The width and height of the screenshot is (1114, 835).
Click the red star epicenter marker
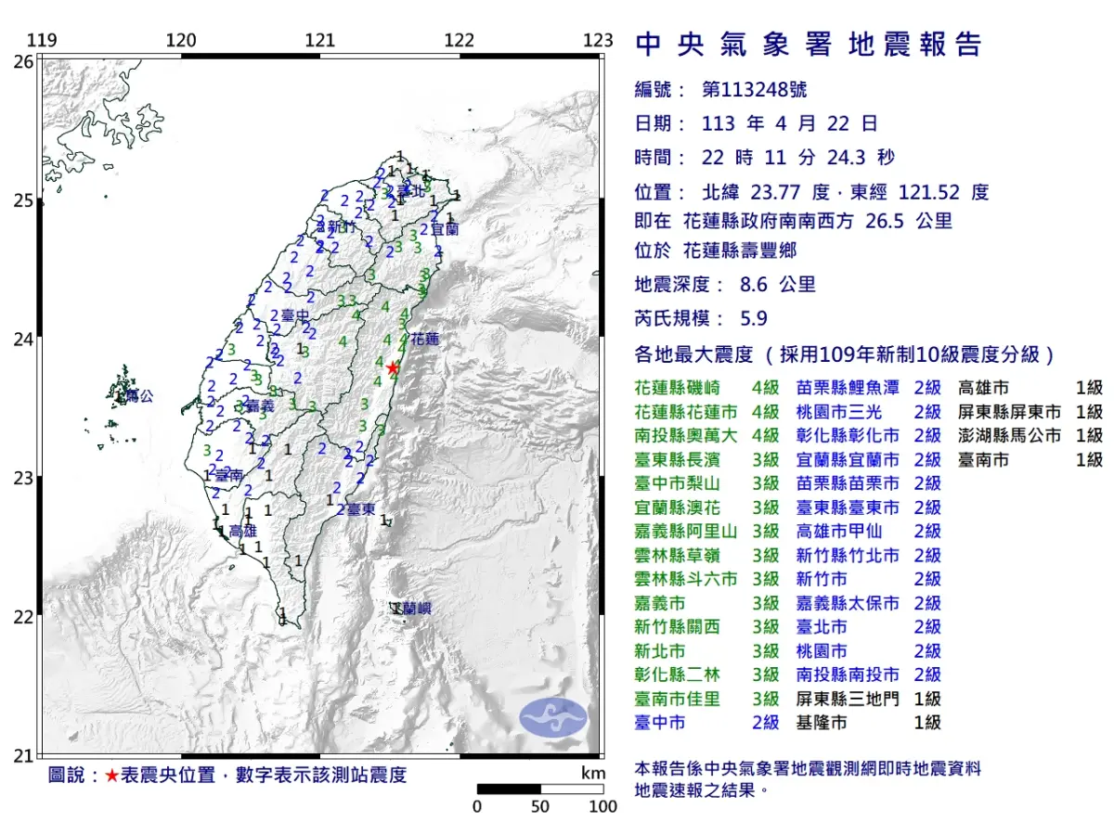pyautogui.click(x=393, y=368)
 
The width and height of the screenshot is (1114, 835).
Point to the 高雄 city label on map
pyautogui.click(x=242, y=532)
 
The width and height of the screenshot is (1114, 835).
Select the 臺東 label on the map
pyautogui.click(x=360, y=510)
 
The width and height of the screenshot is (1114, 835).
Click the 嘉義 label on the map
pyautogui.click(x=260, y=405)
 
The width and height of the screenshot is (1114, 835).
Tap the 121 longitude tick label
pyautogui.click(x=319, y=41)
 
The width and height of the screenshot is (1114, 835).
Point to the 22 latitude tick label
pyautogui.click(x=22, y=617)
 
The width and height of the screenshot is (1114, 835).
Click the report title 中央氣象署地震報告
pyautogui.click(x=808, y=44)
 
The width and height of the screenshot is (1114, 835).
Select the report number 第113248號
pyautogui.click(x=754, y=90)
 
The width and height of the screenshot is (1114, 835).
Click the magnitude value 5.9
pyautogui.click(x=754, y=318)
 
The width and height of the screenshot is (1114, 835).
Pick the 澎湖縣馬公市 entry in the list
pyautogui.click(x=1008, y=436)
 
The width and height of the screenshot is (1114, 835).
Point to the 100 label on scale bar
pyautogui.click(x=603, y=806)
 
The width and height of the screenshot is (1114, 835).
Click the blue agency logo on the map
pyautogui.click(x=553, y=718)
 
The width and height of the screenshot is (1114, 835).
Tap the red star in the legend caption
pyautogui.click(x=111, y=776)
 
